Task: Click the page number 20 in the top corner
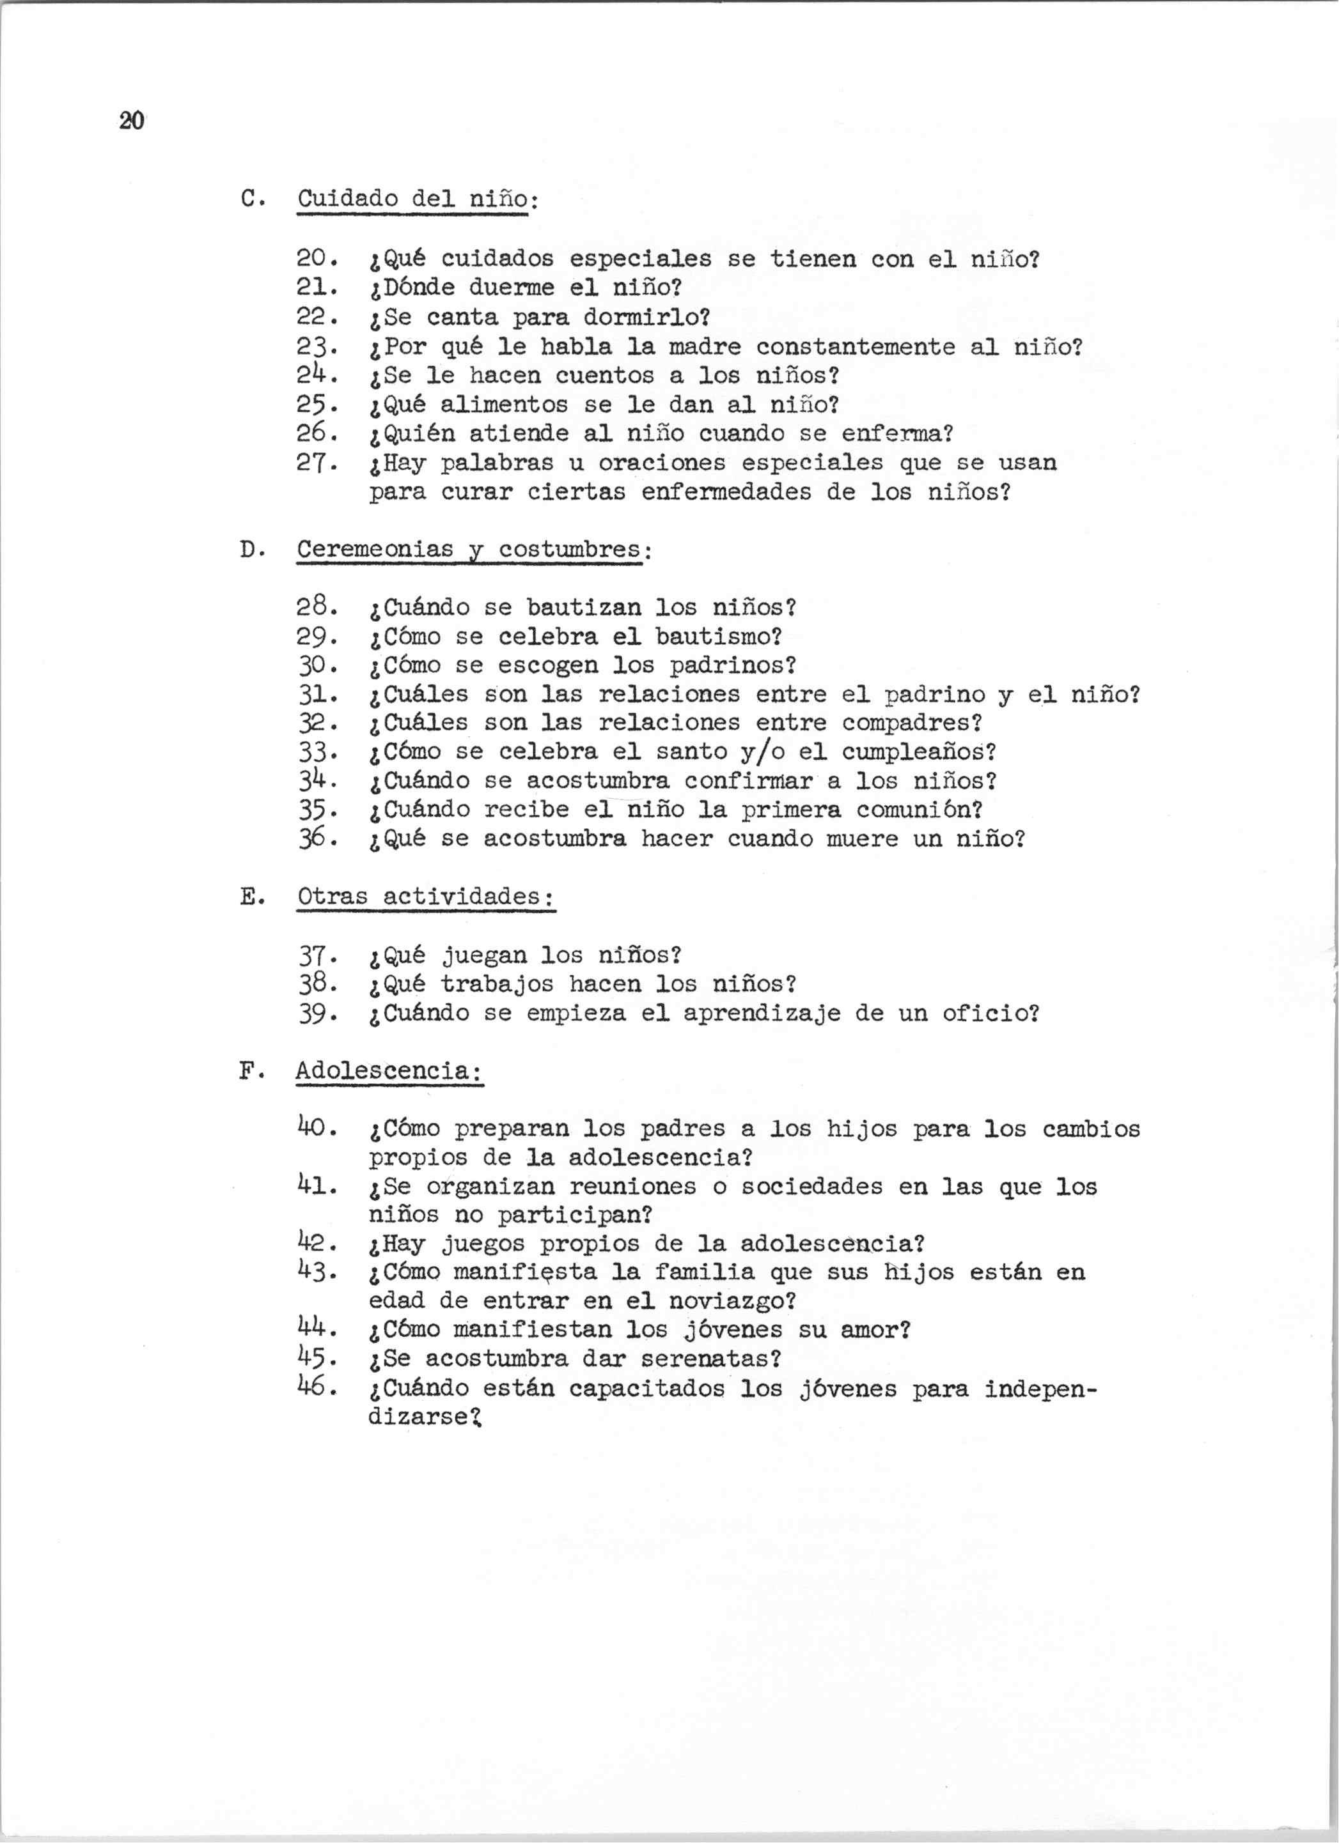[131, 121]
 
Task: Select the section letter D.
[249, 550]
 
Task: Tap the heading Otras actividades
[425, 897]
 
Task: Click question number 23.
[312, 347]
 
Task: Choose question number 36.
[312, 838]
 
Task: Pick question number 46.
[312, 1387]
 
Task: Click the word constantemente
[856, 347]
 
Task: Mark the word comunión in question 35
[918, 810]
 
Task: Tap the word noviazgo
[731, 1301]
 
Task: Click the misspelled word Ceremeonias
[375, 550]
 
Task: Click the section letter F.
[249, 1071]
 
